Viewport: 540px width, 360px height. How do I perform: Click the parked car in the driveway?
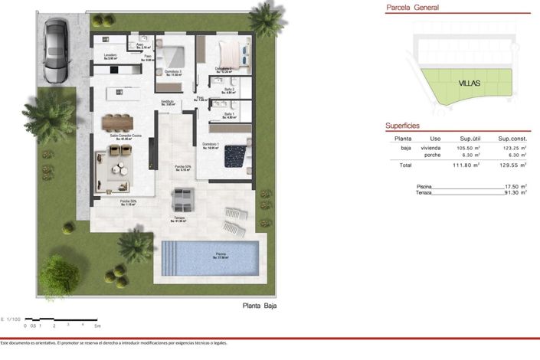pyautogui.click(x=54, y=51)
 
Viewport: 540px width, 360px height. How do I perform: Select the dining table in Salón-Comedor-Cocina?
pyautogui.click(x=117, y=121)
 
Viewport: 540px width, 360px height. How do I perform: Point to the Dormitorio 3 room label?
pyautogui.click(x=174, y=73)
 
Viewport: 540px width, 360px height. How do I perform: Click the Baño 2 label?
pyautogui.click(x=229, y=90)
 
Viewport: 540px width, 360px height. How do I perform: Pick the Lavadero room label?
pyautogui.click(x=110, y=56)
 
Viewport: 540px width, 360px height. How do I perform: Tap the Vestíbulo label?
pyautogui.click(x=168, y=102)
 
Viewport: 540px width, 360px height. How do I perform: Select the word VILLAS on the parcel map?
pyautogui.click(x=470, y=83)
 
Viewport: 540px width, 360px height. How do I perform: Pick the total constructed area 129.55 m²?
pyautogui.click(x=510, y=165)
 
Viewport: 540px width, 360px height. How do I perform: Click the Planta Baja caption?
pyautogui.click(x=260, y=306)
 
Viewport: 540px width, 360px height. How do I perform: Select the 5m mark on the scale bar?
pyautogui.click(x=97, y=326)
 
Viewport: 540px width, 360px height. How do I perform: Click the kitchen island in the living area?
pyautogui.click(x=119, y=93)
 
